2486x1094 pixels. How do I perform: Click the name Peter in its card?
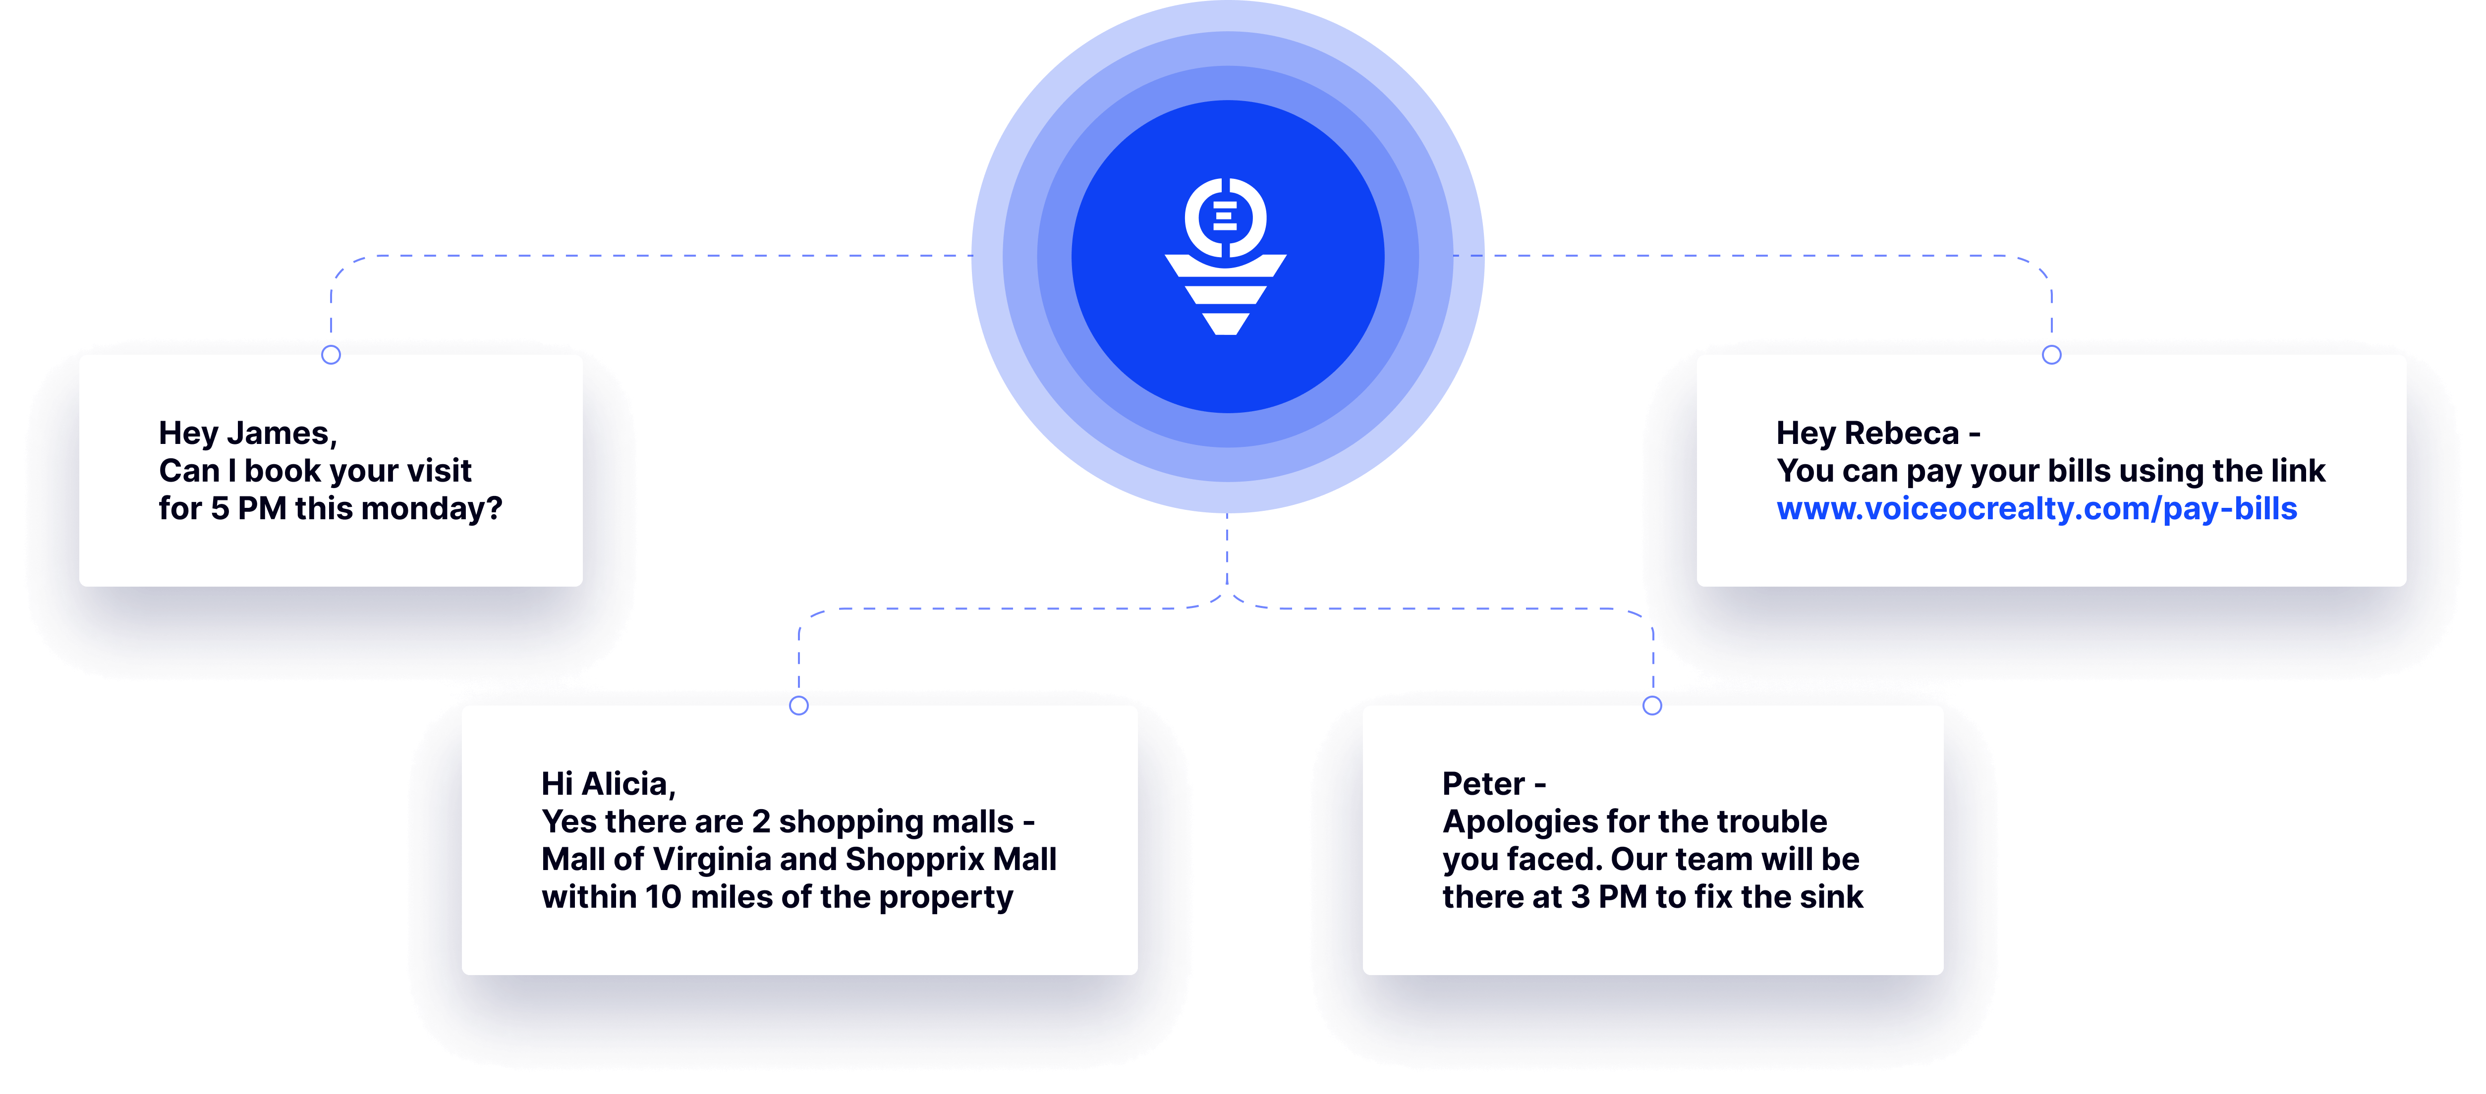[1483, 783]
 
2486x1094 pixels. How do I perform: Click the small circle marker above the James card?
[331, 355]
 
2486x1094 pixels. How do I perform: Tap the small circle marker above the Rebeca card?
[2052, 355]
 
